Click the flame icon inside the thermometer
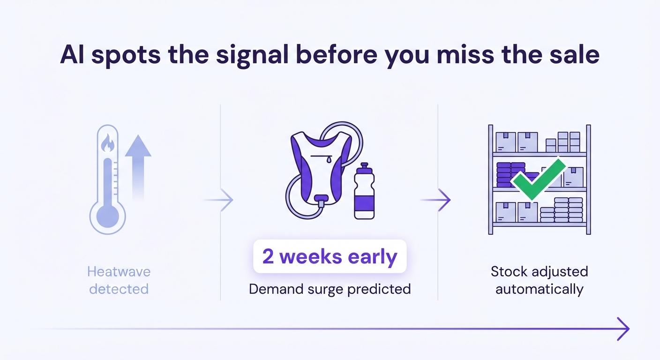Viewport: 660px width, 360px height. [108, 143]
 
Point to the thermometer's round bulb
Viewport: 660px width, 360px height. [108, 216]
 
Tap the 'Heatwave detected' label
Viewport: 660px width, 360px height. [119, 280]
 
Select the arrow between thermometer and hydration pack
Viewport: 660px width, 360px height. [220, 200]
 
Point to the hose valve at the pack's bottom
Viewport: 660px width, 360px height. [321, 202]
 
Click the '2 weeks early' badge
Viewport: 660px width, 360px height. [330, 256]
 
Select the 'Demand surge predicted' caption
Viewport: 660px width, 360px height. [330, 289]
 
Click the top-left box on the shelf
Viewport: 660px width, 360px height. [506, 142]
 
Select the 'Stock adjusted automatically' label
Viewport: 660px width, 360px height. [539, 280]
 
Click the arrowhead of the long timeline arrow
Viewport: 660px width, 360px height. [623, 329]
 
